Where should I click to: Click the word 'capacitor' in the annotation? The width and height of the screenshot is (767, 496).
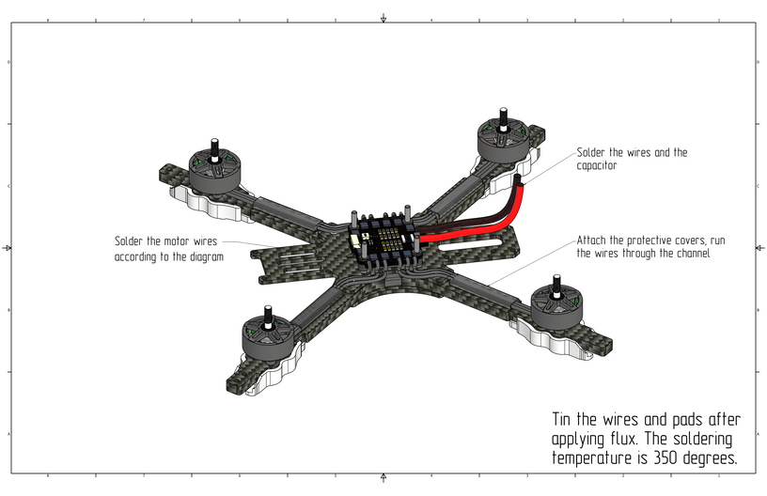[596, 165]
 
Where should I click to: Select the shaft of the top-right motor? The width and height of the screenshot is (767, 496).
[502, 119]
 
